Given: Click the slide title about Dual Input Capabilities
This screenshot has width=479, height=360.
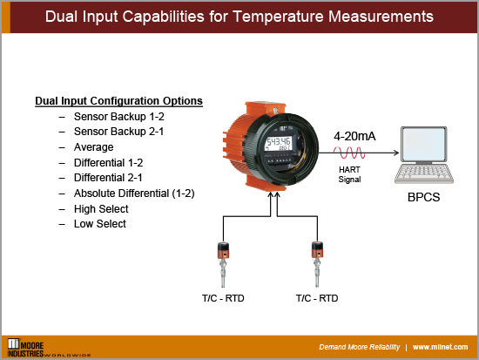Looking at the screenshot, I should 239,17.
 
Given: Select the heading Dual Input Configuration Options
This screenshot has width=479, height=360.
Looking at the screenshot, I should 118,100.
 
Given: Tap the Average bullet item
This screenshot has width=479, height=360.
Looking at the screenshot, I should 94,147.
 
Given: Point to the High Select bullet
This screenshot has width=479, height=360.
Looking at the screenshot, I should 101,208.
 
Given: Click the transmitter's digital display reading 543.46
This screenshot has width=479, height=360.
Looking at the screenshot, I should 279,142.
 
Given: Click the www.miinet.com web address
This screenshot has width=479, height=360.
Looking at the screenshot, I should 442,346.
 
